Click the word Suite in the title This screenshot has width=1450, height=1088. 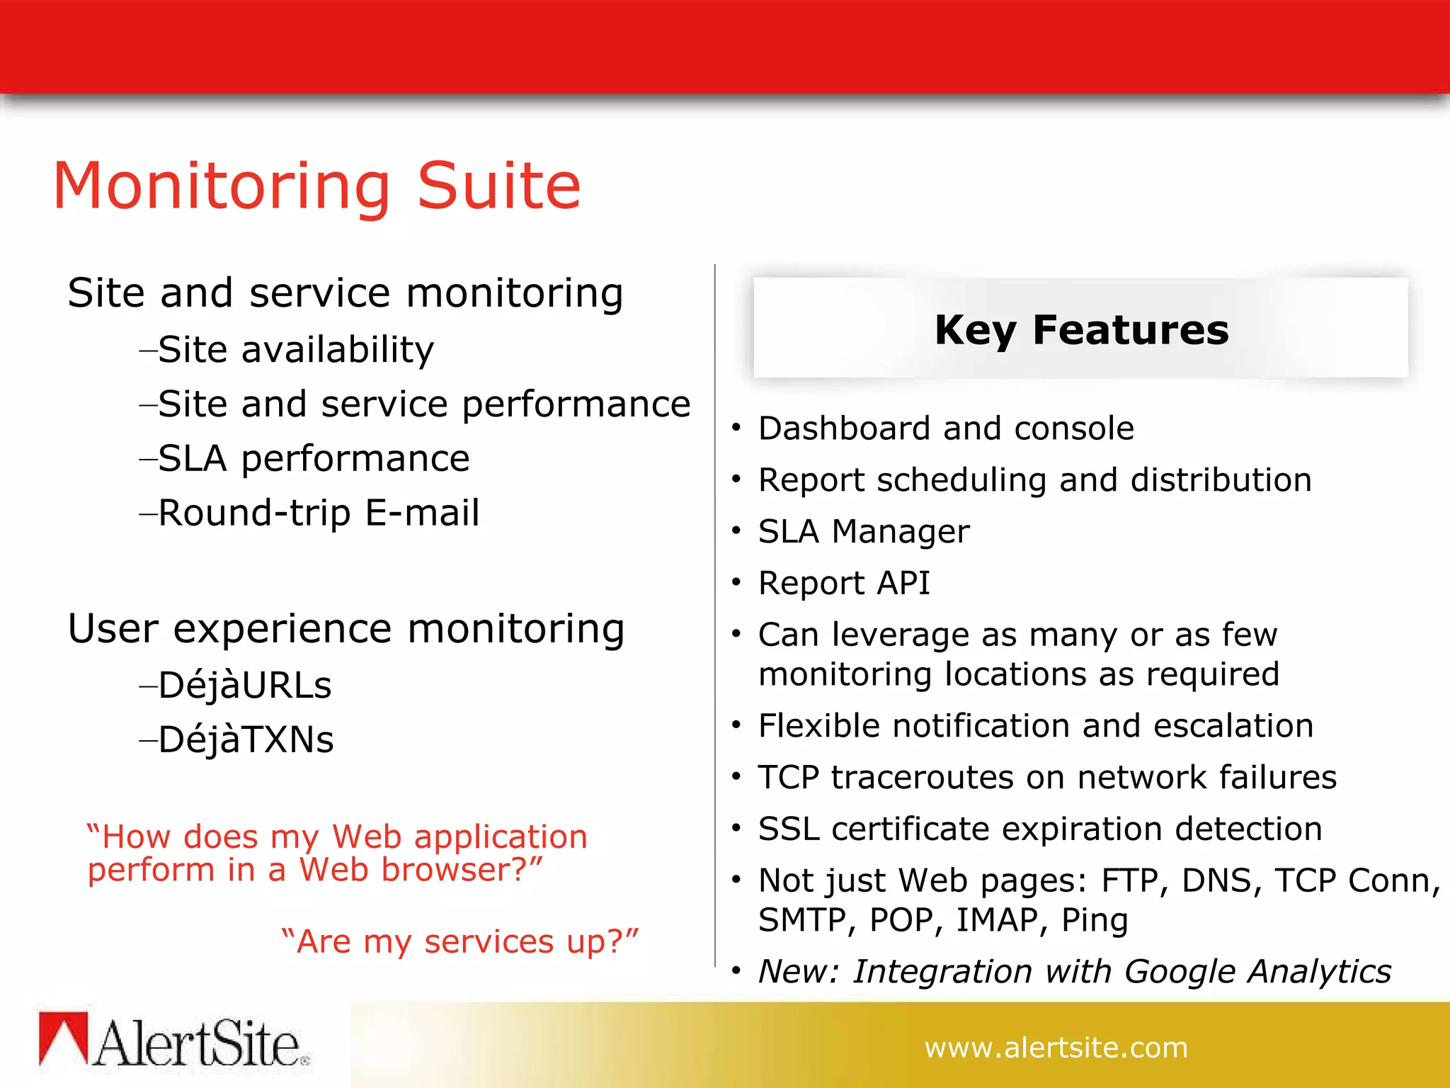pos(499,186)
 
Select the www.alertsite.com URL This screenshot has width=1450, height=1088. pos(1056,1048)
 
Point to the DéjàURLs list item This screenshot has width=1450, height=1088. pos(244,686)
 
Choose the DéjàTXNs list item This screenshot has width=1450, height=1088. pos(246,740)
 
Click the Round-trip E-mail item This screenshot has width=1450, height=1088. pos(319,513)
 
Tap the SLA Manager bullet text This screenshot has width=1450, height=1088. pos(863,532)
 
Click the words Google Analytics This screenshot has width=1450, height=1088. pos(1257,971)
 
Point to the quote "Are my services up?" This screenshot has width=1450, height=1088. pos(460,942)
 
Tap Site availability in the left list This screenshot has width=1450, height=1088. pos(295,350)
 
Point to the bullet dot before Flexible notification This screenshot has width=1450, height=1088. pos(736,725)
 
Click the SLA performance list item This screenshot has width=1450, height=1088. pos(313,459)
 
